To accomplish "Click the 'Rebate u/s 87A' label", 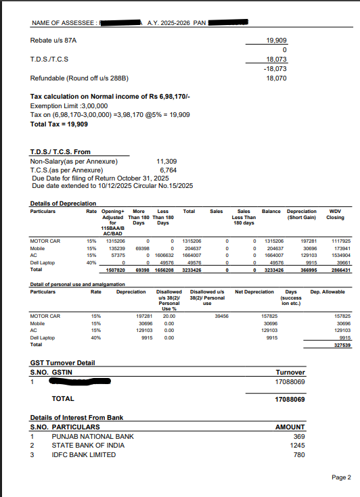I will click(x=55, y=41).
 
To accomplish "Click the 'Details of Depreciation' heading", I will click(x=63, y=204).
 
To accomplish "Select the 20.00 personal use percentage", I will click(x=168, y=316).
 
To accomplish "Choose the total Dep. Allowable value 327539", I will click(x=342, y=346).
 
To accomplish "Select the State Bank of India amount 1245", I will click(x=298, y=446).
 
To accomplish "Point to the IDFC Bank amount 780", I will click(x=299, y=454).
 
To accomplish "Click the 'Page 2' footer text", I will click(x=341, y=477).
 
